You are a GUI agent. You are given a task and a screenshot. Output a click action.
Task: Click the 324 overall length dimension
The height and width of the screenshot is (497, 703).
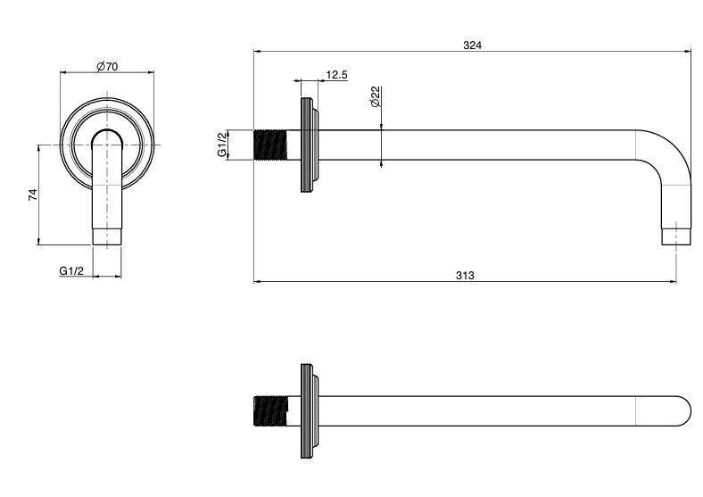(x=472, y=45)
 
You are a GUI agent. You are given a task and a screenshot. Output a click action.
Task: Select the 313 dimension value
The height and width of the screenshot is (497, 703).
(x=465, y=276)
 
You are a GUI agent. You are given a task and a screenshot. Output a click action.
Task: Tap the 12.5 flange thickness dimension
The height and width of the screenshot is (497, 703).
(x=336, y=74)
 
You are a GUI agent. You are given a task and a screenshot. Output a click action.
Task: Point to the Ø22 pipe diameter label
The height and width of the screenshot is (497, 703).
(x=376, y=96)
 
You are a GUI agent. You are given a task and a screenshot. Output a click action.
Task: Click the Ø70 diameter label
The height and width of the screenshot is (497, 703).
(x=107, y=66)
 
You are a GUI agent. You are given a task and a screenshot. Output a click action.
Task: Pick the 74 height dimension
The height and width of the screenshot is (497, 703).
(x=33, y=195)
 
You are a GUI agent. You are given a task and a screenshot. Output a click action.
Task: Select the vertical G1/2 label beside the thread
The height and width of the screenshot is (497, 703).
(x=222, y=145)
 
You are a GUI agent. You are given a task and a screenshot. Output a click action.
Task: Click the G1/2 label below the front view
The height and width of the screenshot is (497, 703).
(x=71, y=271)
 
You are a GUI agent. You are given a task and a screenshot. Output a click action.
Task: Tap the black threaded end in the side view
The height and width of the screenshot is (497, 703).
(x=270, y=145)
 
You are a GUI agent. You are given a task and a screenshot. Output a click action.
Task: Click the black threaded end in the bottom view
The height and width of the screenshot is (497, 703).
(x=270, y=410)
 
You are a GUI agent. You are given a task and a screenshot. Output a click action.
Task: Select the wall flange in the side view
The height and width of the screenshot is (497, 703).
(x=310, y=145)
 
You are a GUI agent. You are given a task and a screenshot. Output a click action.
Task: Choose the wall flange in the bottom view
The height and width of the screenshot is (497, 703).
(x=310, y=410)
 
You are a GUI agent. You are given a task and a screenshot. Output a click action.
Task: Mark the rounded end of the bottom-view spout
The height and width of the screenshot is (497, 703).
(x=684, y=410)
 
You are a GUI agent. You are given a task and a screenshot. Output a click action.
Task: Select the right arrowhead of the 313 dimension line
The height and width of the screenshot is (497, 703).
(x=673, y=282)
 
